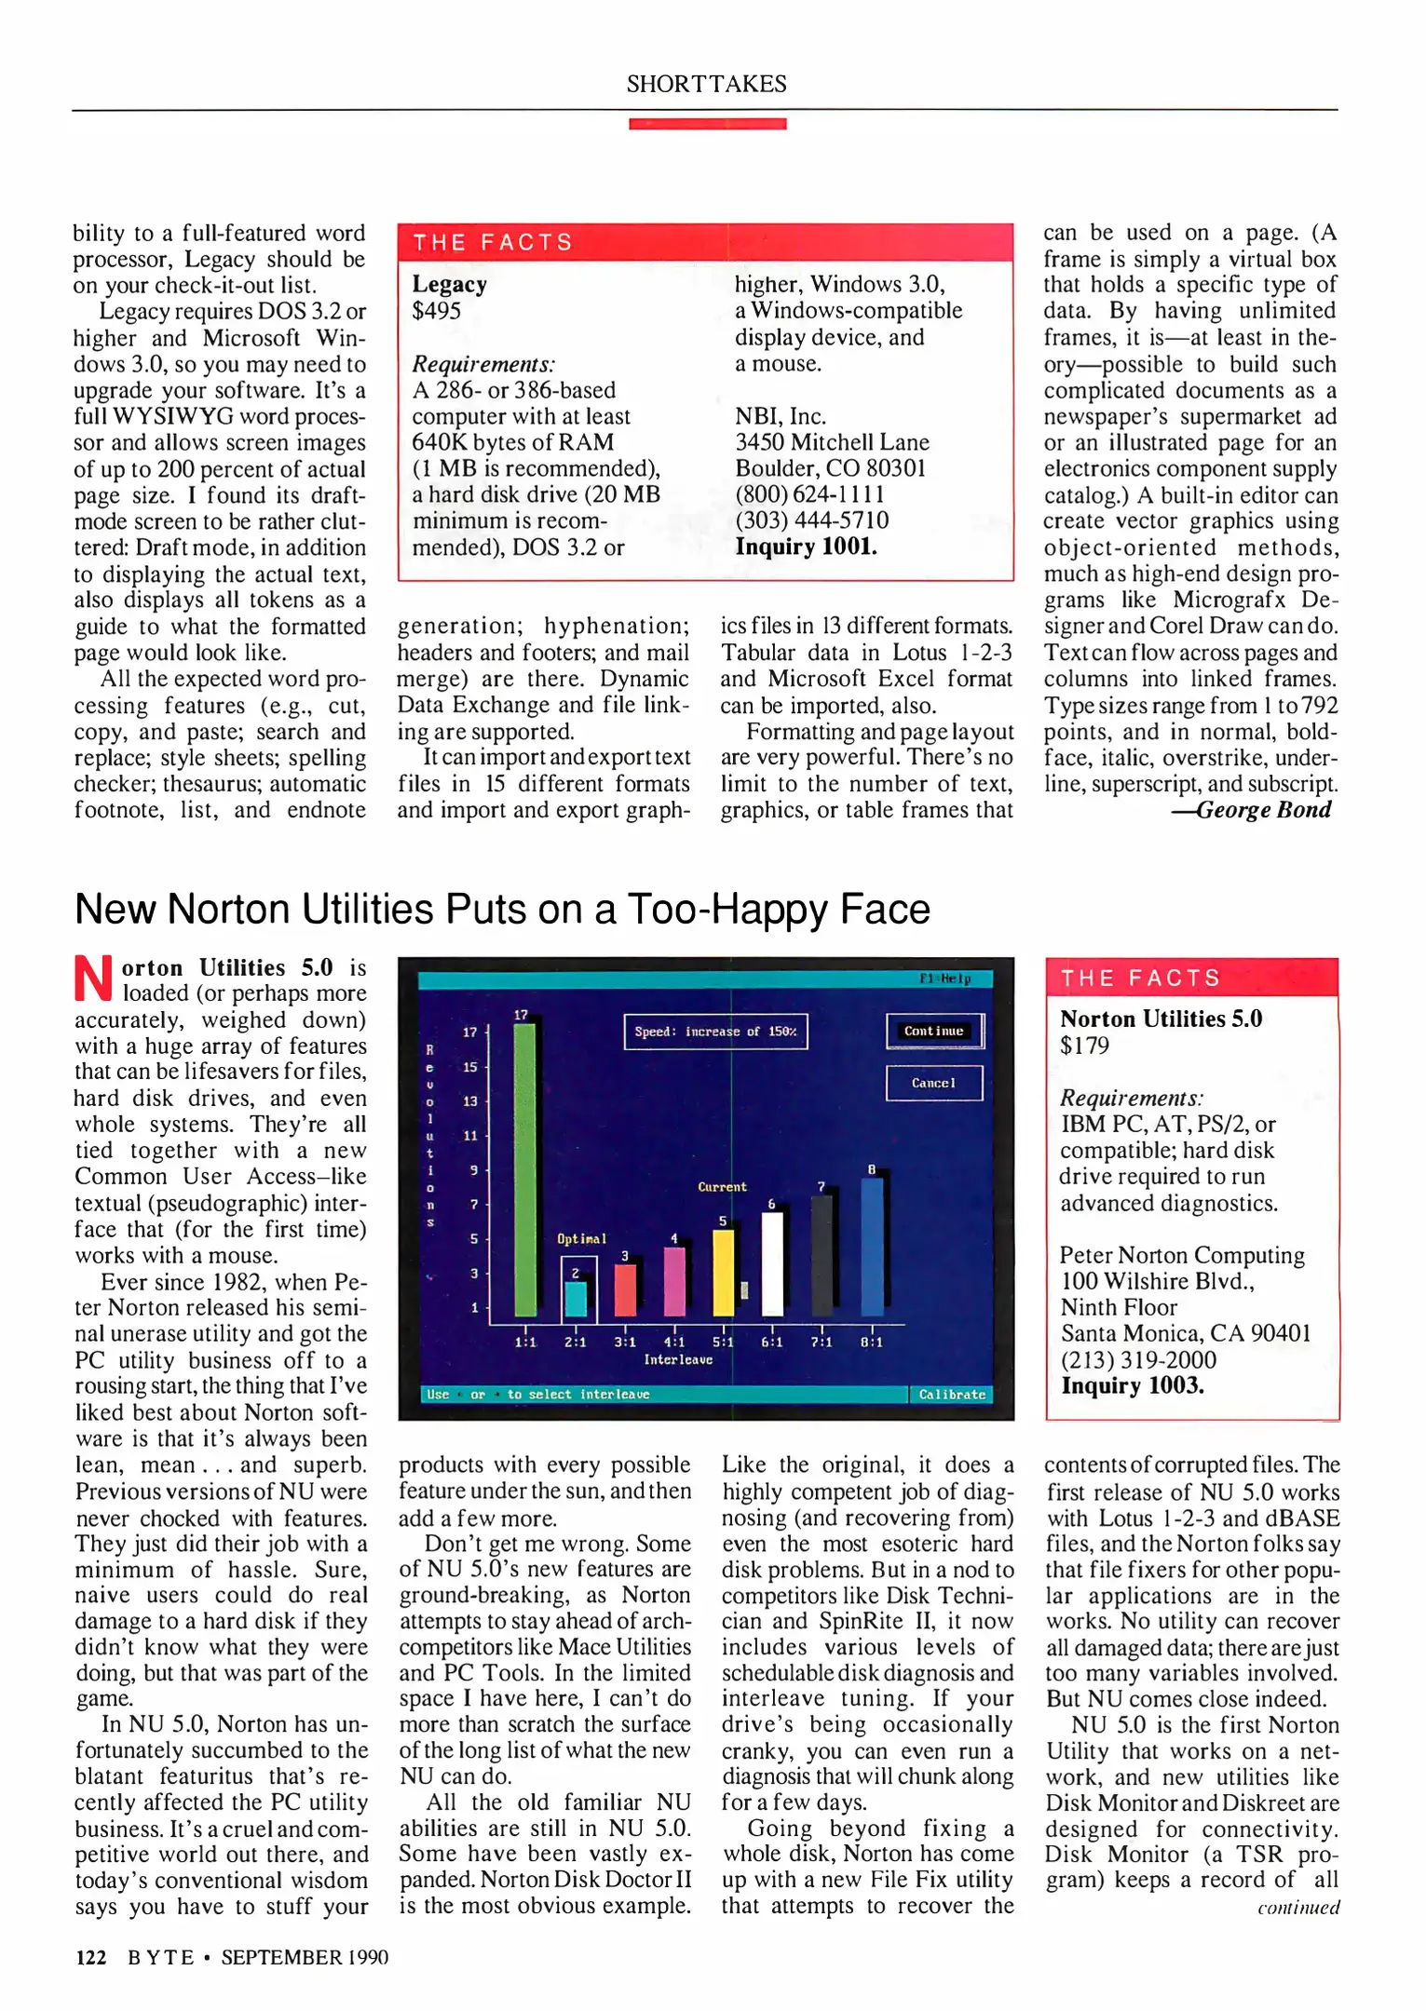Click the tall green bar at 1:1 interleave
[x=525, y=1168]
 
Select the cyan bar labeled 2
[x=577, y=1298]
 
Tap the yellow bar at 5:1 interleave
[x=723, y=1272]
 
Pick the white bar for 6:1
[x=772, y=1263]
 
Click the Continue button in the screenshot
[x=934, y=1031]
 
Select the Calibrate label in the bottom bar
[x=951, y=1394]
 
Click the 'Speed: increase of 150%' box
[x=715, y=1032]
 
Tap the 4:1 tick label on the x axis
[x=674, y=1342]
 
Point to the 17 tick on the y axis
[x=470, y=1032]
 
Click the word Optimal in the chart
[x=581, y=1238]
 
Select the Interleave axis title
[x=678, y=1359]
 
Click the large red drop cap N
[x=94, y=978]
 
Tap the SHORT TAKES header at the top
[x=706, y=84]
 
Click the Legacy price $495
[x=437, y=311]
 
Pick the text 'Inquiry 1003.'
[x=1132, y=1385]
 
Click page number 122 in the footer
[x=90, y=1957]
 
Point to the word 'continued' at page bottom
[x=1297, y=1908]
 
